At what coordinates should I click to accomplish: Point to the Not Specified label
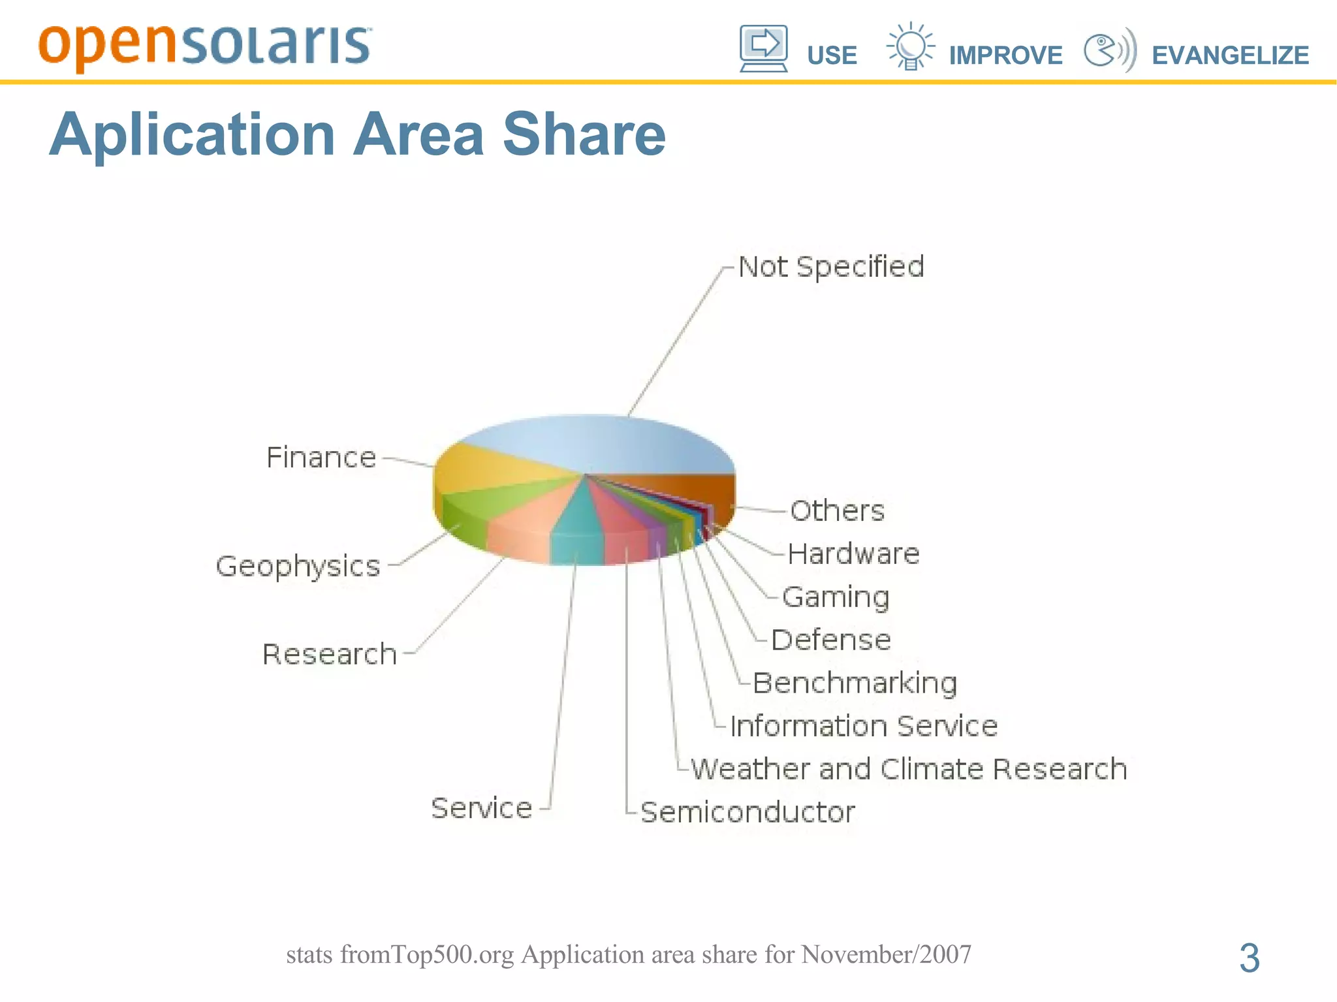tap(831, 267)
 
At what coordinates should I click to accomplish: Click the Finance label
tap(321, 458)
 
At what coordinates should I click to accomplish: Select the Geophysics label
tap(298, 566)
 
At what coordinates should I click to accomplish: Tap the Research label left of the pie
tap(330, 654)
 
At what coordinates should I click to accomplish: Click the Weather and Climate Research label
tap(909, 769)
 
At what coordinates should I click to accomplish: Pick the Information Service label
tap(864, 726)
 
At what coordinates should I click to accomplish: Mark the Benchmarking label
tap(855, 683)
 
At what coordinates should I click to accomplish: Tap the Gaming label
tap(836, 597)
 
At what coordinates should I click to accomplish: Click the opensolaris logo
tap(204, 46)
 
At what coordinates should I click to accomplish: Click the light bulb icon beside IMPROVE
tap(910, 46)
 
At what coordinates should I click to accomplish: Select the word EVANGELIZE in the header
tap(1230, 55)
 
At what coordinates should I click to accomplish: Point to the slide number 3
tap(1249, 958)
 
